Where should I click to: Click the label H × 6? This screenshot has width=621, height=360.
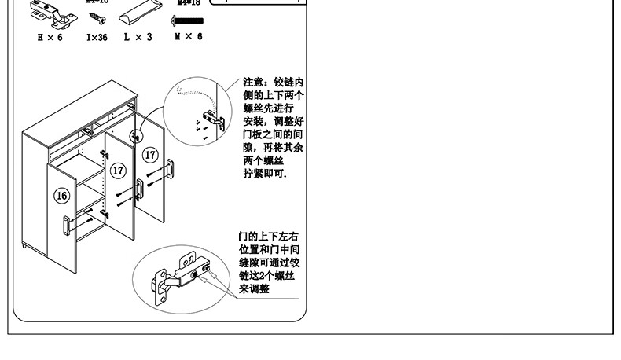[50, 37]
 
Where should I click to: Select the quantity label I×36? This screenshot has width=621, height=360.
[97, 37]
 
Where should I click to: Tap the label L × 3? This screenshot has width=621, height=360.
[138, 37]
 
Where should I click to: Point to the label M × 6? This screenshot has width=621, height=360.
[188, 37]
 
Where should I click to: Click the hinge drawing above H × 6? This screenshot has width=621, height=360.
[48, 12]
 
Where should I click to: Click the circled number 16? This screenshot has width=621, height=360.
[61, 195]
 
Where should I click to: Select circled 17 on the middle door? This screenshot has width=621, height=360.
[118, 170]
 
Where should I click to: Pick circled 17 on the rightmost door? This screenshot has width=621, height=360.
[149, 155]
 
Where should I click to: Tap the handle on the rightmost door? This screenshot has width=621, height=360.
[170, 168]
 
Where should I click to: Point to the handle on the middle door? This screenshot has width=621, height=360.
[139, 189]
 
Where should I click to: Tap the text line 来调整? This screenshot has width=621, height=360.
[254, 289]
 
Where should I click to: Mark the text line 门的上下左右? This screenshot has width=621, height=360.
[268, 236]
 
